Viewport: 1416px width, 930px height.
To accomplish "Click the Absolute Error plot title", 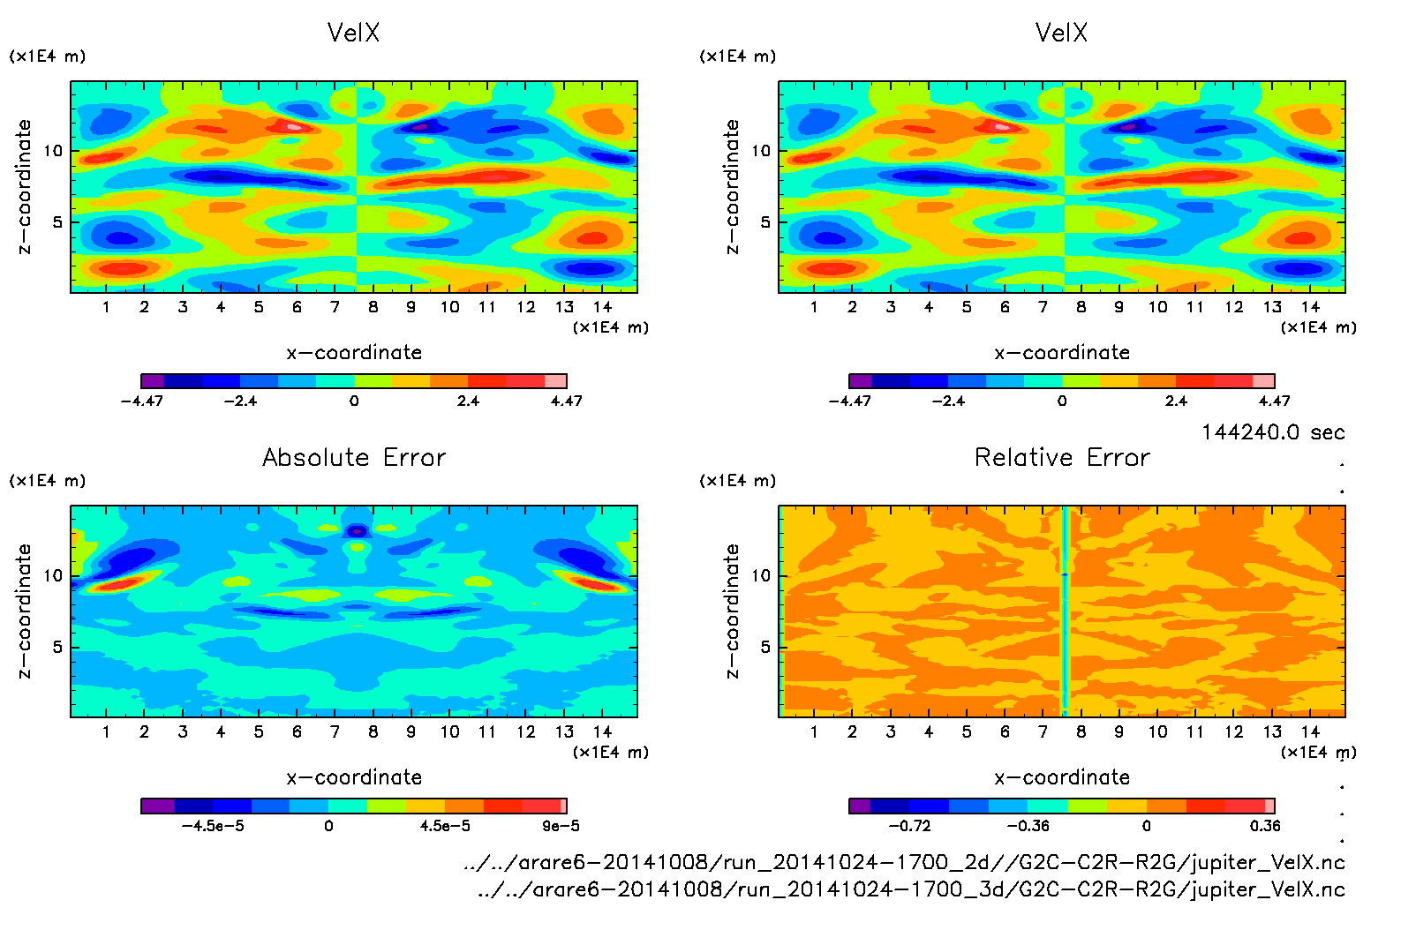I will click(x=354, y=457).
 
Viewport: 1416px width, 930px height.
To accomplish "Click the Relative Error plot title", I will click(x=1062, y=457).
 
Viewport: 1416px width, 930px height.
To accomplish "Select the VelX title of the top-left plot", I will click(x=353, y=33).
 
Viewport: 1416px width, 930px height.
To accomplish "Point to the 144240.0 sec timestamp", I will click(x=1273, y=432).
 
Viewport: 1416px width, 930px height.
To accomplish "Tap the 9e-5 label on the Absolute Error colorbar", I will click(x=561, y=826).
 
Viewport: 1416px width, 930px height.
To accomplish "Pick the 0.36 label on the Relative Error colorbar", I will click(x=1264, y=826).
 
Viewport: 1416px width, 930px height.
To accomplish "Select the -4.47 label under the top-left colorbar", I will click(x=141, y=401).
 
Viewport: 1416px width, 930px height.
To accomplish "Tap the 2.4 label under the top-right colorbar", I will click(x=1176, y=401).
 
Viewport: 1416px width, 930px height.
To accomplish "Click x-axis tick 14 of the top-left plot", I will click(x=602, y=307).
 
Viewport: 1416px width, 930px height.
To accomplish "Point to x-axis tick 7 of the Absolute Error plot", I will click(x=335, y=731).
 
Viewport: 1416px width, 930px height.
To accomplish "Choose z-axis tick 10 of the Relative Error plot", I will click(x=761, y=575).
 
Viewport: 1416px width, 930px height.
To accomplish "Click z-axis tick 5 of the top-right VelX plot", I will click(x=765, y=221).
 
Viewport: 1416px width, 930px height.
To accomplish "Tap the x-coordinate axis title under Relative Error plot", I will click(x=1062, y=777).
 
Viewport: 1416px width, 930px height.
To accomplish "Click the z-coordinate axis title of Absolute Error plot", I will click(x=24, y=611).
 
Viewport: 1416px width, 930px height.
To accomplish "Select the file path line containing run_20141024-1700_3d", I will click(x=911, y=889).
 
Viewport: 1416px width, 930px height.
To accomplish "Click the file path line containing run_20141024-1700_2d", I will click(x=904, y=862).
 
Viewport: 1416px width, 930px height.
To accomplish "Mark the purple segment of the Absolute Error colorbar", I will click(x=157, y=806).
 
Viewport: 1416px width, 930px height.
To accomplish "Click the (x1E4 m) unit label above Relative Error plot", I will click(x=738, y=481).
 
